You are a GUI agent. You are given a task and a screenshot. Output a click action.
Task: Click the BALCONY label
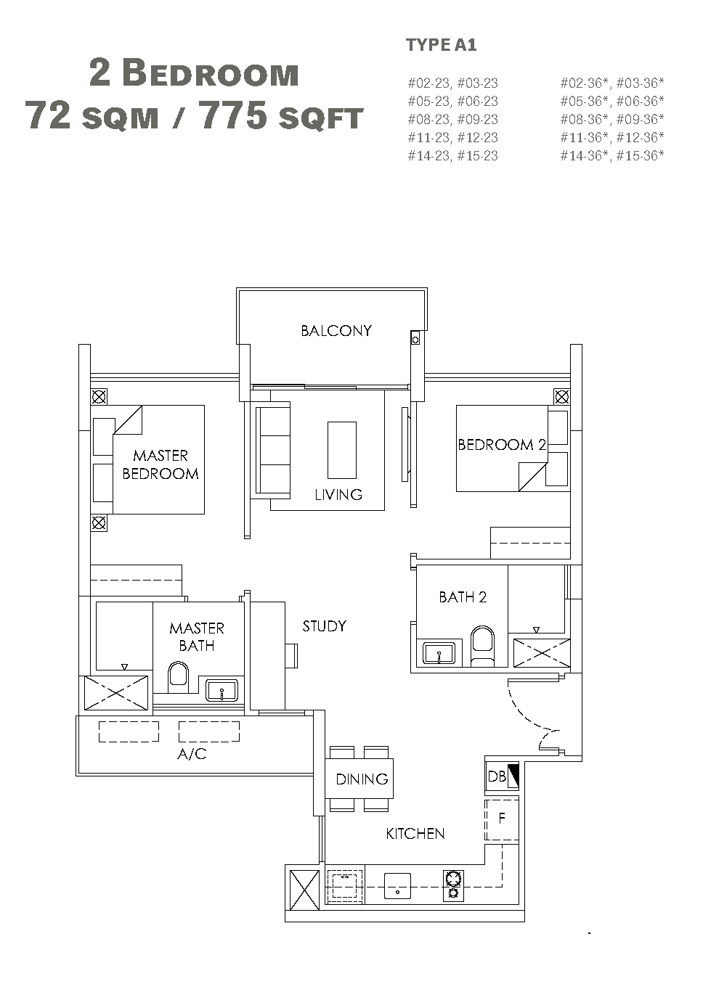336,331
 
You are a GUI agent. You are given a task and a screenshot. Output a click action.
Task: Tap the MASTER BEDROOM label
160,464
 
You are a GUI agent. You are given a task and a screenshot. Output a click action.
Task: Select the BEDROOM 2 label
502,445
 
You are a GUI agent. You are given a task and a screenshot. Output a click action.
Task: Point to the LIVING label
338,495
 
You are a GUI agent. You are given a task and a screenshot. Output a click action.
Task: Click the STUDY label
325,626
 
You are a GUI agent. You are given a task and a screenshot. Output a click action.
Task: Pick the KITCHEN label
415,834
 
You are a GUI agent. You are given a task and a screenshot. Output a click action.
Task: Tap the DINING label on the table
362,779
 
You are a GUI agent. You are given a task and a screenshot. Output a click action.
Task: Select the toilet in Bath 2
482,646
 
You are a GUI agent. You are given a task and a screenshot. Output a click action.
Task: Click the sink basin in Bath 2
439,653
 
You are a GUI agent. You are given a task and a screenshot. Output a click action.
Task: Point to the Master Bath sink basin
222,691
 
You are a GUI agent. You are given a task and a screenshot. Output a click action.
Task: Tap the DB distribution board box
502,777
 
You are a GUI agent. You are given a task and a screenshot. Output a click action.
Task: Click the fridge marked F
502,818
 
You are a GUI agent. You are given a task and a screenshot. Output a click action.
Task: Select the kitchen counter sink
397,886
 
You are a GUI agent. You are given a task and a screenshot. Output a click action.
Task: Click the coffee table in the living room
342,450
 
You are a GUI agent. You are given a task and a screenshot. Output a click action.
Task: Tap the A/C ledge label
192,754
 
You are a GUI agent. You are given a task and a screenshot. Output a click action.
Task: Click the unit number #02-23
428,83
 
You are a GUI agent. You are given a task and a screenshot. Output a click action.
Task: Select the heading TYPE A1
442,45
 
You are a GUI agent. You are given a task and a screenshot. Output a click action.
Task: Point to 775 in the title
233,115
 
